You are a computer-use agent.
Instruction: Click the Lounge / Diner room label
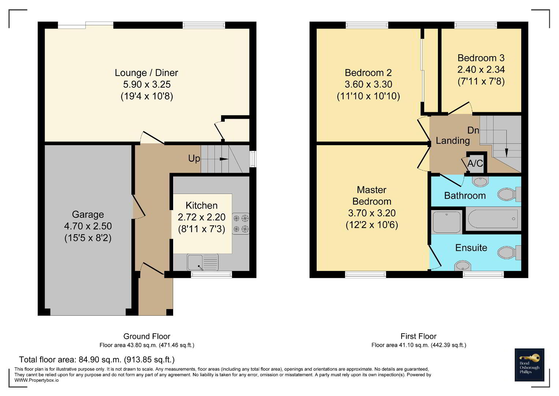point(146,73)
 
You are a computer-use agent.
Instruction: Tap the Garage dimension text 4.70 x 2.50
point(88,226)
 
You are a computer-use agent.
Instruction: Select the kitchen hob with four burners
point(241,224)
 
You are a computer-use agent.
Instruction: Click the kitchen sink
point(203,262)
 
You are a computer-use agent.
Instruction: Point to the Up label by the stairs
point(194,158)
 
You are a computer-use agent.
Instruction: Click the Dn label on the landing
point(473,130)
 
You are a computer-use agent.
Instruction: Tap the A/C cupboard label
point(475,164)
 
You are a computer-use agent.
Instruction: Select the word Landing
point(453,141)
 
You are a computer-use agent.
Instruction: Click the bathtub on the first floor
point(493,219)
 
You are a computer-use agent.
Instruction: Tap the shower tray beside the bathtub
point(447,222)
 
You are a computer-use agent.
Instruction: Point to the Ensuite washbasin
point(462,266)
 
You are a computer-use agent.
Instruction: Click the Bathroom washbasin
point(480,181)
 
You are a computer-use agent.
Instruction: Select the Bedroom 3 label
point(481,58)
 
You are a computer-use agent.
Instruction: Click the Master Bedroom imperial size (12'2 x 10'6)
point(372,225)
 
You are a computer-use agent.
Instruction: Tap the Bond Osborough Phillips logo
point(529,365)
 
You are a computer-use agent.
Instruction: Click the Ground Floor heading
point(147,336)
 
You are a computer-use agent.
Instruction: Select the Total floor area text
point(97,359)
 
